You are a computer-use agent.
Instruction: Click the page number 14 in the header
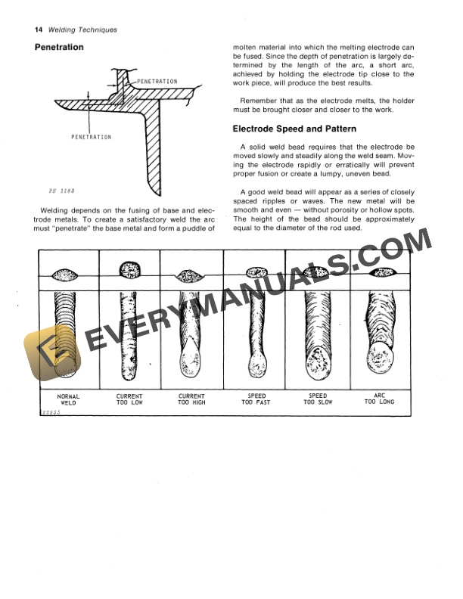[39, 30]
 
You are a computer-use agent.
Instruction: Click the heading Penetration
[59, 48]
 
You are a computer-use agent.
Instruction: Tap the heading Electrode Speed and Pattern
[294, 129]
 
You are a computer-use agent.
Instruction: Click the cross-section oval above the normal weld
[67, 274]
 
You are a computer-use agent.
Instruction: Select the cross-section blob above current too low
[130, 269]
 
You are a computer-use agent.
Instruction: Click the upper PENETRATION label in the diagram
[157, 81]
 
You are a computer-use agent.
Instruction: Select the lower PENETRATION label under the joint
[91, 137]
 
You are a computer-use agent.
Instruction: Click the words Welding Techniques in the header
[82, 30]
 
